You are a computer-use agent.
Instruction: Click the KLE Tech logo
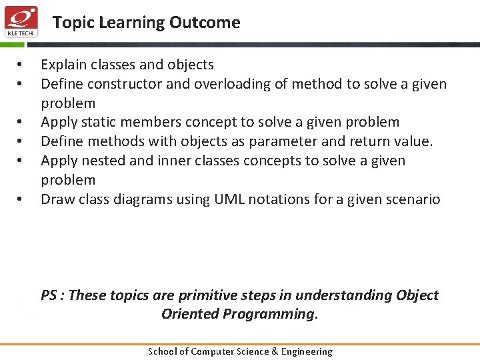point(21,21)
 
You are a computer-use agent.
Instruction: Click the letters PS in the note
point(49,295)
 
